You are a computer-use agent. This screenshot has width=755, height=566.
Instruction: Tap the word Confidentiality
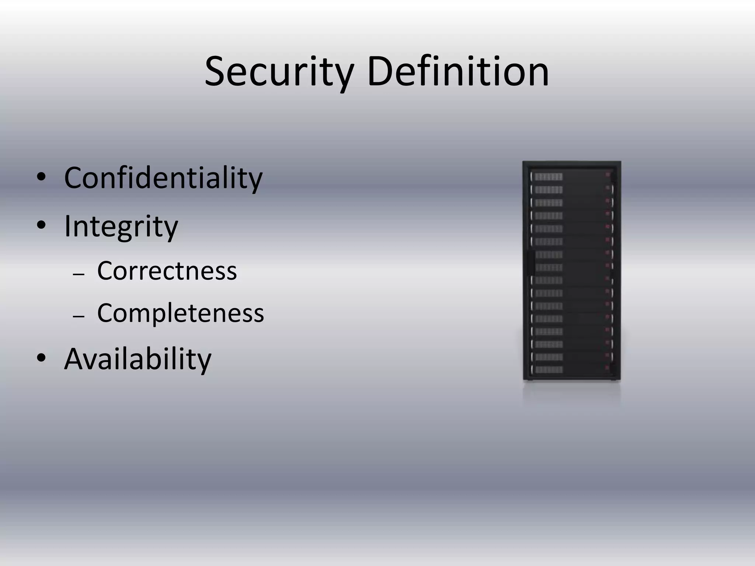pyautogui.click(x=163, y=178)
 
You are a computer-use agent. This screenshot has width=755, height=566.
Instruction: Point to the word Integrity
pyautogui.click(x=121, y=226)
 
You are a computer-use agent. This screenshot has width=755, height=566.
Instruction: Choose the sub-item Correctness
pyautogui.click(x=167, y=271)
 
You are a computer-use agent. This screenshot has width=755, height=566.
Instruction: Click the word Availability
pyautogui.click(x=138, y=359)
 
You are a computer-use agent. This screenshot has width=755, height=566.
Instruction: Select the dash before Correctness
pyautogui.click(x=79, y=275)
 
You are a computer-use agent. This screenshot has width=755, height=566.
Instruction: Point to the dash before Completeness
pyautogui.click(x=79, y=317)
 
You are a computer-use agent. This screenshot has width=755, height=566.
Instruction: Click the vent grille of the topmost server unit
pyautogui.click(x=548, y=177)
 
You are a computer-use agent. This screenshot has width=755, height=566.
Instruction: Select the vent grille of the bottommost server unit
pyautogui.click(x=548, y=370)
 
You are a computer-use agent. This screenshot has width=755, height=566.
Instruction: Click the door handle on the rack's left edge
pyautogui.click(x=530, y=263)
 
